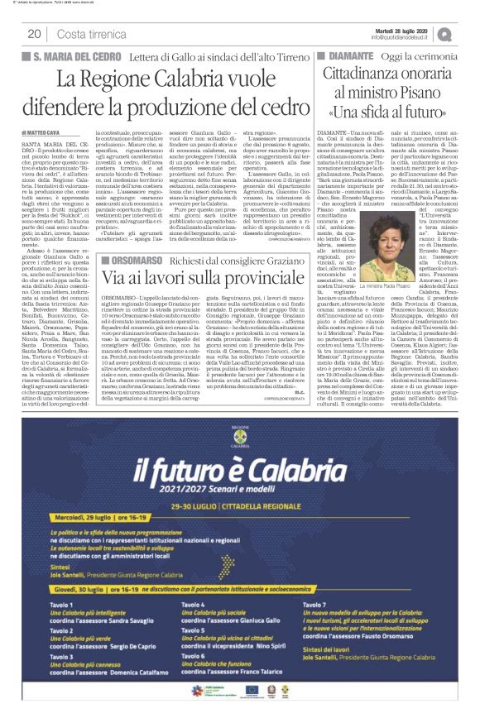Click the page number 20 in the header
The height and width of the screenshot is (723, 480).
click(x=35, y=33)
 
